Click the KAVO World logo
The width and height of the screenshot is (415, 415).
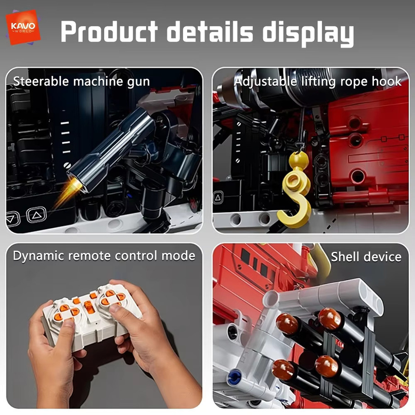point(23,27)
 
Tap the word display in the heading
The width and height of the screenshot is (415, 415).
point(308,34)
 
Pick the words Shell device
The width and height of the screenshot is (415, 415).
point(366,257)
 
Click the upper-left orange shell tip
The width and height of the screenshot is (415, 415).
point(287,323)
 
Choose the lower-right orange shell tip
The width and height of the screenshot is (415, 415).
point(326,366)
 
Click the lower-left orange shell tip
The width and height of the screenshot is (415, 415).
point(283,370)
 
